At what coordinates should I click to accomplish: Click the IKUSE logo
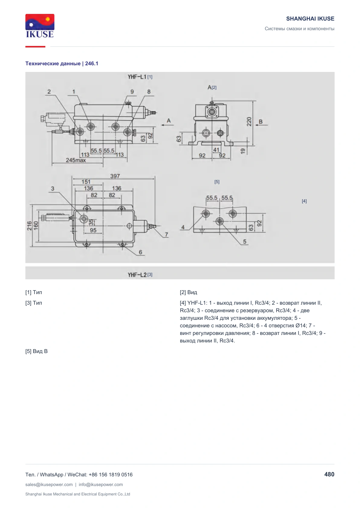(40, 26)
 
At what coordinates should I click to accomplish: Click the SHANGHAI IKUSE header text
(310, 19)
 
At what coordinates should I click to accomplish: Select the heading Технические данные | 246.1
(62, 63)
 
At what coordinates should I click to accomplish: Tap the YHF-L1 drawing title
(137, 77)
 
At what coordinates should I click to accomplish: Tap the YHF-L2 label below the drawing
(137, 275)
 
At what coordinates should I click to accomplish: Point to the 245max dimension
(76, 160)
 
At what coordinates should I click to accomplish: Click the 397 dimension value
(115, 176)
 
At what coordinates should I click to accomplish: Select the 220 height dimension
(249, 122)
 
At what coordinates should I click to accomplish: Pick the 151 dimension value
(86, 182)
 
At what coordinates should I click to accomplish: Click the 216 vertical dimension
(29, 226)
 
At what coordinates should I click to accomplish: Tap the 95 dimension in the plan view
(93, 230)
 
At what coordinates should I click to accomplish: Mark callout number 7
(167, 235)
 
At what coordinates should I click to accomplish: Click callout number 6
(141, 252)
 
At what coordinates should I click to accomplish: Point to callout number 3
(53, 189)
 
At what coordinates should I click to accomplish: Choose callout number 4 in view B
(183, 227)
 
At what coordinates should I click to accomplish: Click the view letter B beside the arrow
(261, 122)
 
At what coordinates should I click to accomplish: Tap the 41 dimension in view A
(216, 150)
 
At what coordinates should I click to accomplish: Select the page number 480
(329, 474)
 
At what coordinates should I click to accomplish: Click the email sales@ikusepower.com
(49, 484)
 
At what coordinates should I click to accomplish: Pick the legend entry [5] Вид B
(36, 351)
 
